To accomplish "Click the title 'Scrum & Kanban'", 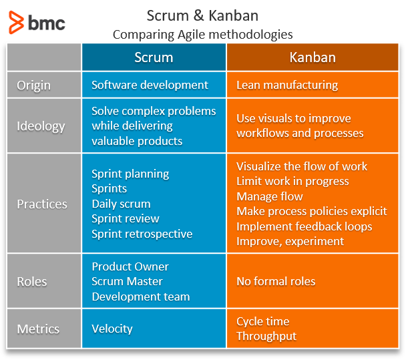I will [202, 15].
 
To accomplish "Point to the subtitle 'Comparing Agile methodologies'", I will [202, 33].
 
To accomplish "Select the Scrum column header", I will [154, 57].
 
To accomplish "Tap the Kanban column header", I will [313, 57].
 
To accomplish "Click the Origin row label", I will [33, 85].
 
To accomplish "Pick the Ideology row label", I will [41, 126].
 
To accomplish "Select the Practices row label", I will [43, 204].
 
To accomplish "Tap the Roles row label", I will [32, 281].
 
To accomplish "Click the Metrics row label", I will [38, 329].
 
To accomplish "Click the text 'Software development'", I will [150, 85].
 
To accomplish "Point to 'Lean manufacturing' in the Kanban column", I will [287, 85].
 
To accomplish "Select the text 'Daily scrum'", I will [121, 204].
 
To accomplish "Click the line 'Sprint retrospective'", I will [142, 234].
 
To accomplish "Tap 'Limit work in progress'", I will [292, 181].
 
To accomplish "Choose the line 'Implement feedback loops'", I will [304, 226].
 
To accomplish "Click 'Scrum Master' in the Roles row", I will [127, 281].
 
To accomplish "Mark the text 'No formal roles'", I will [276, 281].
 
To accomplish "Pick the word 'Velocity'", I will [112, 329].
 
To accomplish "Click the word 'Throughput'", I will [266, 336].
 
